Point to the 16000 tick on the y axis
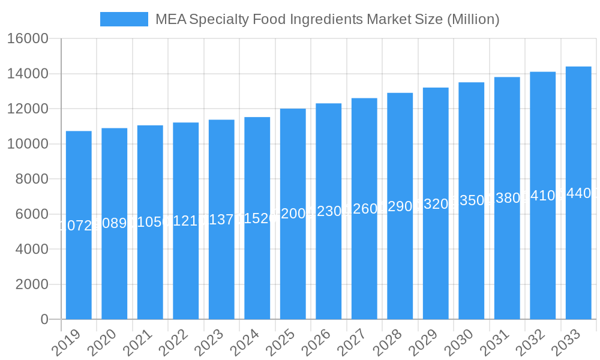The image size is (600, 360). click(28, 39)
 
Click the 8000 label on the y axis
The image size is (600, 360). click(32, 179)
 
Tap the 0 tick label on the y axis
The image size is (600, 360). click(44, 320)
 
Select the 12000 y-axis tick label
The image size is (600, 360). click(28, 109)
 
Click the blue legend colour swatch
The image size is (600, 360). click(124, 19)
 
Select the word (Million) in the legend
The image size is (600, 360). click(473, 19)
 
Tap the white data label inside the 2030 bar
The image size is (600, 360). click(472, 200)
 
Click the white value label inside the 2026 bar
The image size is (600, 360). click(329, 211)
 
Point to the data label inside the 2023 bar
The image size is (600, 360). click(221, 220)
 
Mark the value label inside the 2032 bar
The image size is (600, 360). click(543, 196)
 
